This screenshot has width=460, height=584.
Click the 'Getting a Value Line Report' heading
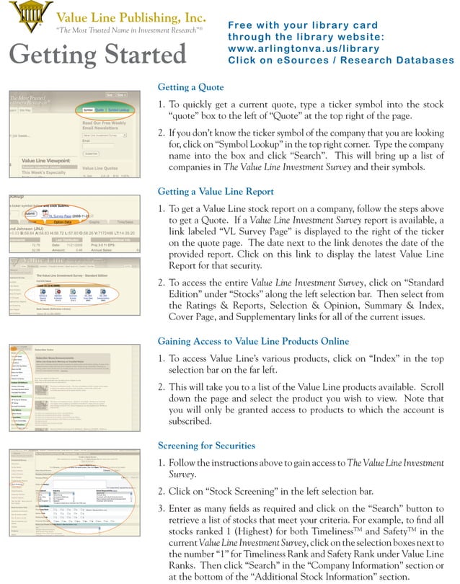[216, 191]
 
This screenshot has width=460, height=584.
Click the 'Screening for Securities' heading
[206, 446]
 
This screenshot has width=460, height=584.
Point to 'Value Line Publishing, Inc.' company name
[131, 17]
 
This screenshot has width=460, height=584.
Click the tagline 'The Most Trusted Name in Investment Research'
[128, 31]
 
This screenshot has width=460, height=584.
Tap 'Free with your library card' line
[302, 25]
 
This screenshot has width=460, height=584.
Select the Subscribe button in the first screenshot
[92, 153]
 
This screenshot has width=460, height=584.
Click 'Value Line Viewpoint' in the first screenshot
[50, 160]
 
